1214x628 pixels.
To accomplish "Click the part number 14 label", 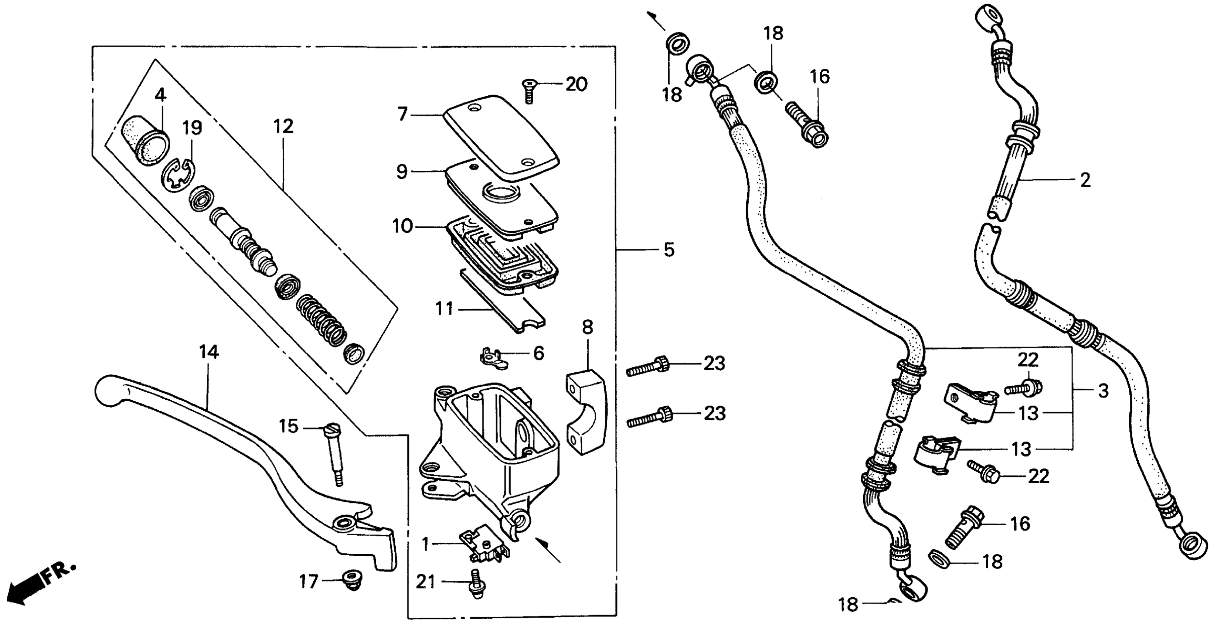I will coord(209,352).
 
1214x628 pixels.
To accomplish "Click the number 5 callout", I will coord(669,250).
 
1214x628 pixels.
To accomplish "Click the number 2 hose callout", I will coord(1085,180).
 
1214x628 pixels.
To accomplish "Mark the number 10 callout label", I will coord(402,226).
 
